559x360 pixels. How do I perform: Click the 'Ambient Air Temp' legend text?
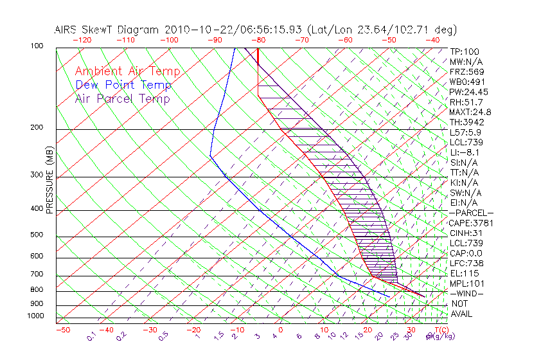pyautogui.click(x=127, y=71)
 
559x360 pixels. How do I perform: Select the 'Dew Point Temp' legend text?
pyautogui.click(x=123, y=85)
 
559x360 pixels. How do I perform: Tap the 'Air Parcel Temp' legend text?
pyautogui.click(x=122, y=98)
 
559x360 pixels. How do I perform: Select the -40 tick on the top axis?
pyautogui.click(x=433, y=40)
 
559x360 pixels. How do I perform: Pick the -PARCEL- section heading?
pyautogui.click(x=471, y=213)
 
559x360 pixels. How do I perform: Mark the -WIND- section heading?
pyautogui.click(x=467, y=293)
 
